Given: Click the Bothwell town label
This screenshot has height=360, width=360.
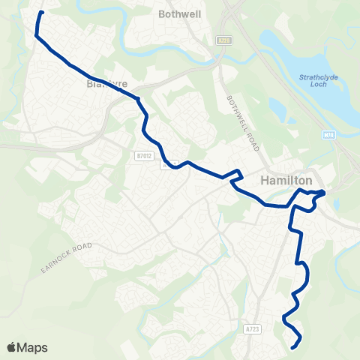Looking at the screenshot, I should coord(177,13).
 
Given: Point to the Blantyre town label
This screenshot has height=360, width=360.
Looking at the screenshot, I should coord(104,84).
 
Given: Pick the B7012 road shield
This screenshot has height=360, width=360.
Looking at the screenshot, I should coord(145,155).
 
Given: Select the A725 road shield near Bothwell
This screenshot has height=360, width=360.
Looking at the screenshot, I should coord(223,40).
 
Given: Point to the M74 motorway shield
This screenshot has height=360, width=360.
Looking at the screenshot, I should coord(329,135).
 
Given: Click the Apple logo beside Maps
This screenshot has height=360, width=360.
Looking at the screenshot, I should coord(12,347).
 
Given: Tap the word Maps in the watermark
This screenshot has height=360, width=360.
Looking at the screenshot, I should coord(33,347).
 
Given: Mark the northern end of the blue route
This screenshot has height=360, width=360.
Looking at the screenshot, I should coord(41,13).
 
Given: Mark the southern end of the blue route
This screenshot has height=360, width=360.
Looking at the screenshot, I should coord(292,346).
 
